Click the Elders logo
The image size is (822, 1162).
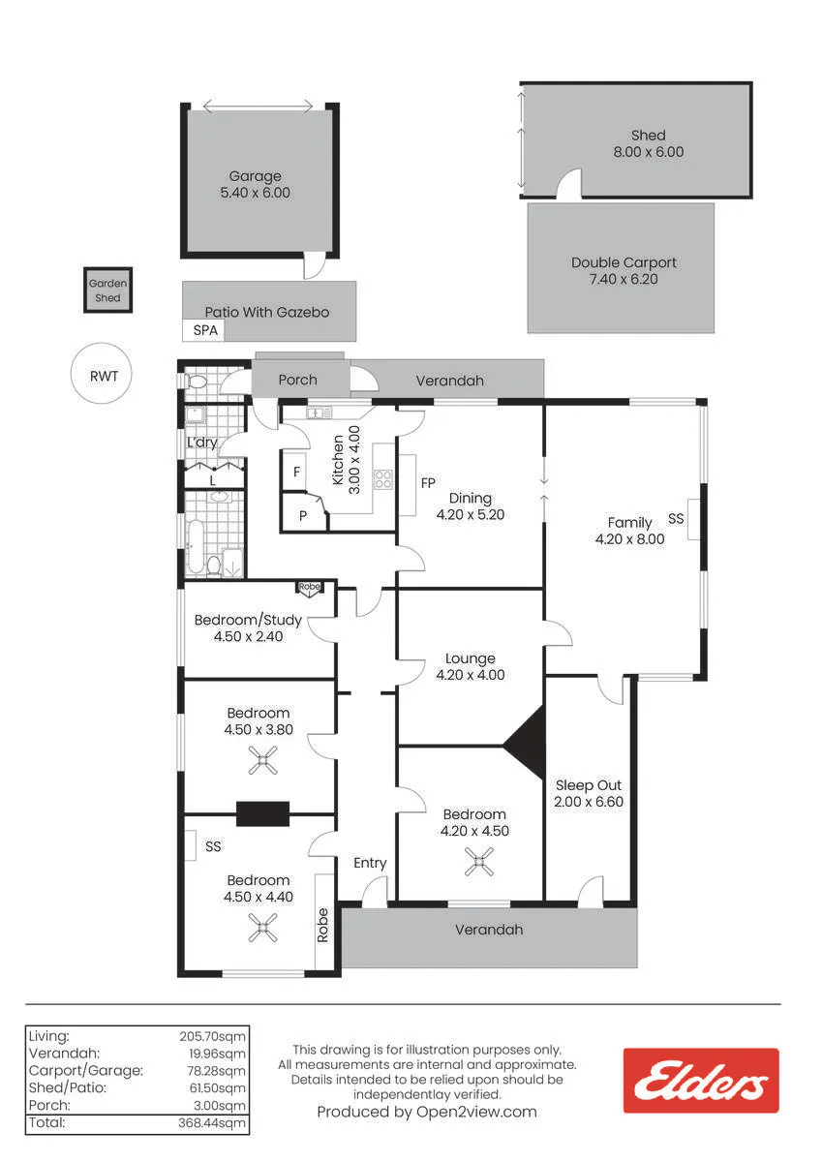701,1080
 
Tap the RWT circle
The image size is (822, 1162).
101,373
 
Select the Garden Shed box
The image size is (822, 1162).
107,290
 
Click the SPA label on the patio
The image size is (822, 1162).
205,330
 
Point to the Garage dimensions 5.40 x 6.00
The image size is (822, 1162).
256,193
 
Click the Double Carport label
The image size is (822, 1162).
624,262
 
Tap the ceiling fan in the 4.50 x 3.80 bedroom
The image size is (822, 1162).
262,760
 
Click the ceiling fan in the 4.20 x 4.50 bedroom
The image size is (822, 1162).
478,861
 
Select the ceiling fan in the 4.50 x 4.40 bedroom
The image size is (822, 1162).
262,927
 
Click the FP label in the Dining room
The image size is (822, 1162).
428,483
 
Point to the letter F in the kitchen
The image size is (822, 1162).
296,472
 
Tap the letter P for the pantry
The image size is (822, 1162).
303,515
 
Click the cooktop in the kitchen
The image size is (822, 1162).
383,479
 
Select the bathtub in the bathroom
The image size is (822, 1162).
196,546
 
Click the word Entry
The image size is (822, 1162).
370,863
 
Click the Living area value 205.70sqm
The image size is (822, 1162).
213,1036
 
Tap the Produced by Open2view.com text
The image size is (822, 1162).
427,1112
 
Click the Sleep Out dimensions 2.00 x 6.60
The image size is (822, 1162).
588,802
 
